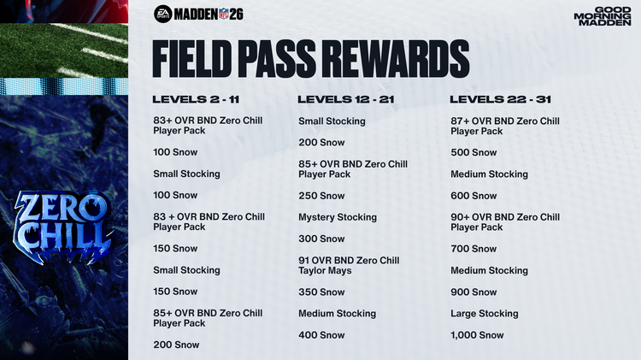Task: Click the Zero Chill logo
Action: (x=64, y=224)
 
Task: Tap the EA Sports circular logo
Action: (x=162, y=14)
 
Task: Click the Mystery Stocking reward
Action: (x=337, y=217)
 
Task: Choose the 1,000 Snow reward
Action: (x=477, y=335)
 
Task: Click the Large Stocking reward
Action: (x=484, y=314)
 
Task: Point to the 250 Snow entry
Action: (x=321, y=196)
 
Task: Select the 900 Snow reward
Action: (x=473, y=292)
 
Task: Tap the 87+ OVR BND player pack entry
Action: (x=504, y=126)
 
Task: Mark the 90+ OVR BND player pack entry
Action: (x=504, y=222)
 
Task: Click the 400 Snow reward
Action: (x=321, y=335)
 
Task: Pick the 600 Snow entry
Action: (x=473, y=196)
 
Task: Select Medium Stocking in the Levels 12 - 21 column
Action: (x=337, y=314)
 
